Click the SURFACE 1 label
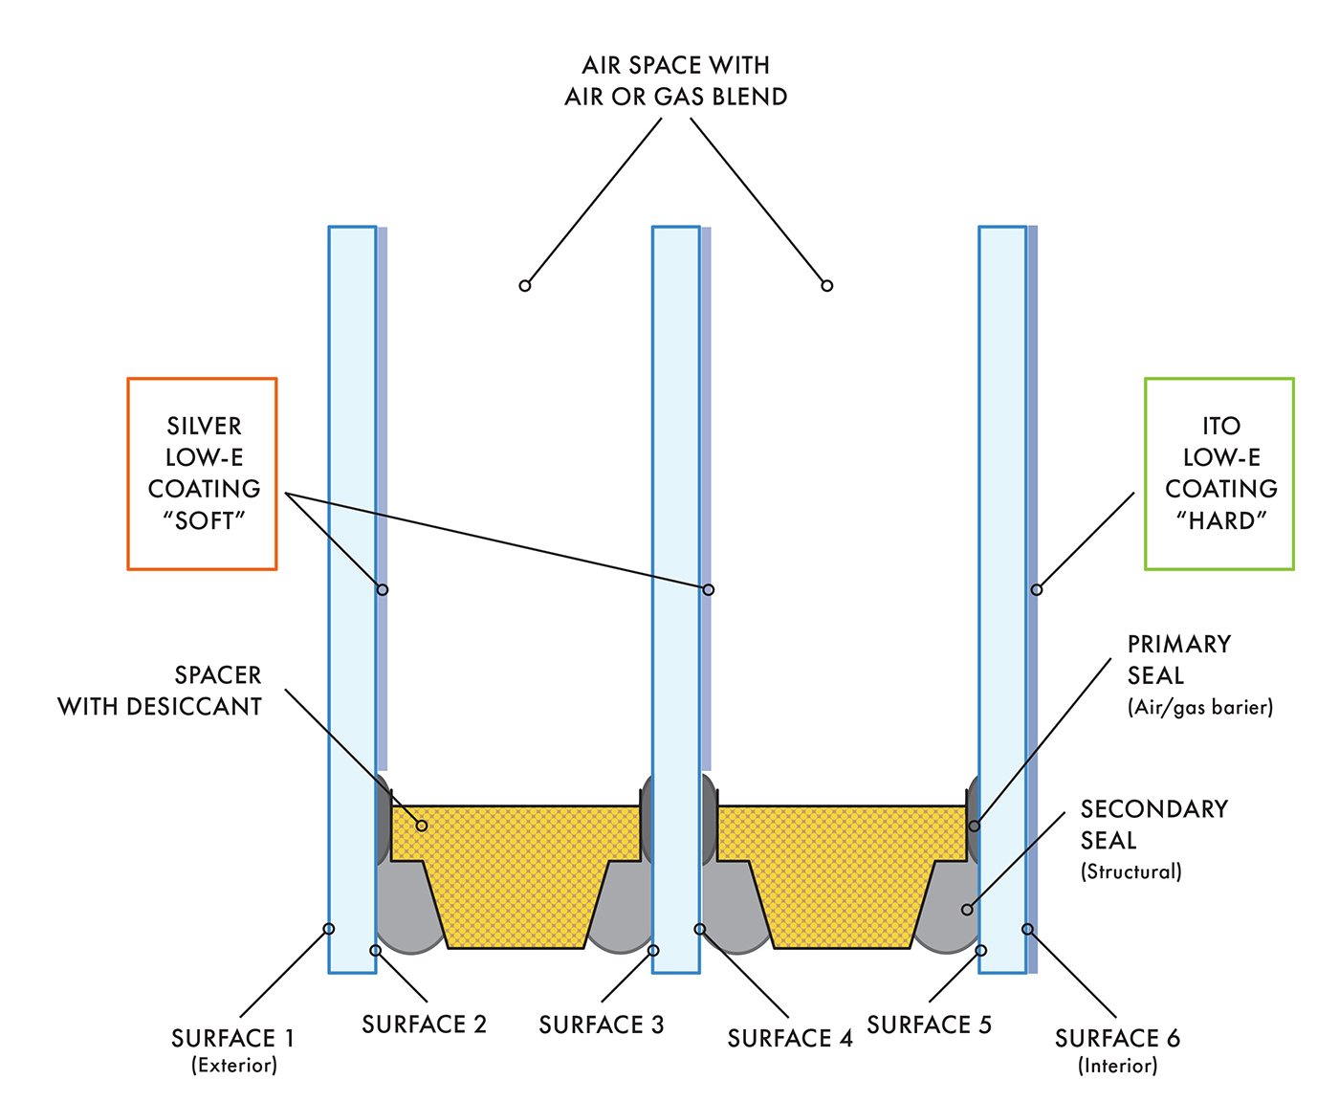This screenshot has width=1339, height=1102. [232, 1038]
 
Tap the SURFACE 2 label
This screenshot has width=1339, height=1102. [424, 1025]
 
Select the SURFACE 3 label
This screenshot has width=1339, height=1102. [601, 1025]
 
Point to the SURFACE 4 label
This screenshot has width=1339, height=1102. [789, 1038]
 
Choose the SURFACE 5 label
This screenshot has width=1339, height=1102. [929, 1025]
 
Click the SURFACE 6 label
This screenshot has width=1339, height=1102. [1117, 1038]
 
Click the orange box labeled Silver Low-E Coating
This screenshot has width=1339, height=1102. [202, 474]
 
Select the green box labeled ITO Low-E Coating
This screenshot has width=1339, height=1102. [1219, 474]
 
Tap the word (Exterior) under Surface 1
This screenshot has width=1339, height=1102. [234, 1065]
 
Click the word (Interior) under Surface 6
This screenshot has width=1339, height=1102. [1117, 1065]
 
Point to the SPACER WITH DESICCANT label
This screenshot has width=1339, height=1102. [160, 691]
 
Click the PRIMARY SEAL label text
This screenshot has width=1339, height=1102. [1179, 659]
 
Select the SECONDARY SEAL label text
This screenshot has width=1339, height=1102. [1153, 824]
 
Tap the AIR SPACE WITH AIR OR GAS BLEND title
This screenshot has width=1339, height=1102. [675, 80]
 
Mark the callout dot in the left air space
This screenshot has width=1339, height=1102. [524, 285]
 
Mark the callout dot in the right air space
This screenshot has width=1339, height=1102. [827, 285]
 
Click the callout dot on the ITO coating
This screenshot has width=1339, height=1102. [1036, 589]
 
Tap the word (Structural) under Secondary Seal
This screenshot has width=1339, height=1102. [1131, 871]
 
